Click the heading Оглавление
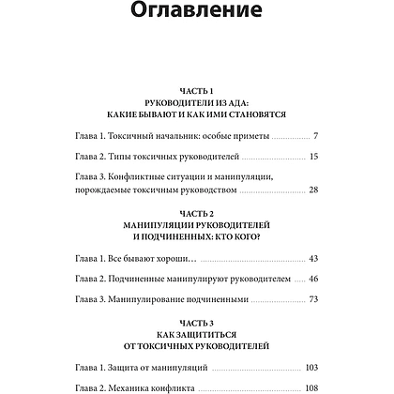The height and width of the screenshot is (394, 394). point(196,18)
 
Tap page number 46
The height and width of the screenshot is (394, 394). point(314,279)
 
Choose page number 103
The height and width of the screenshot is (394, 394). point(311,367)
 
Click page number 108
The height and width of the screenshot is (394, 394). point(311,387)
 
